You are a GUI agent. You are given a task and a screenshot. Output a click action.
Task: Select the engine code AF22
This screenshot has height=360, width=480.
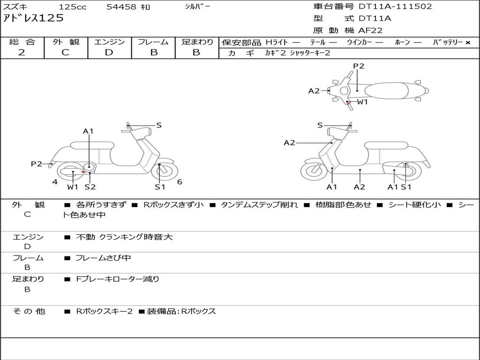pyautogui.click(x=370, y=30)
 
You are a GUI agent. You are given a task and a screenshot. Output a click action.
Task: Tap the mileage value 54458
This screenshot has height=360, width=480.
pyautogui.click(x=121, y=7)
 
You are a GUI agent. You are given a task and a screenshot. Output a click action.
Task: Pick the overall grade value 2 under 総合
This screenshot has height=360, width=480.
pyautogui.click(x=22, y=52)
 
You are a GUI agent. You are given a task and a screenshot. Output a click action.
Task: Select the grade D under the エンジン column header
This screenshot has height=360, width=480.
pyautogui.click(x=109, y=52)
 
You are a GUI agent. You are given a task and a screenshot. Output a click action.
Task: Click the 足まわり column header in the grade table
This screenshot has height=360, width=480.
pyautogui.click(x=197, y=42)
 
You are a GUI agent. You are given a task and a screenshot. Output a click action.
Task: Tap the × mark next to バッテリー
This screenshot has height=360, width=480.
pyautogui.click(x=468, y=43)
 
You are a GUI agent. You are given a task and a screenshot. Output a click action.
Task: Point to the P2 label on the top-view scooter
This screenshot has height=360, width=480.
pyautogui.click(x=359, y=66)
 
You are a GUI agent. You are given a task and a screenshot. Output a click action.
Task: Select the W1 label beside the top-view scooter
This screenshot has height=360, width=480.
pyautogui.click(x=362, y=102)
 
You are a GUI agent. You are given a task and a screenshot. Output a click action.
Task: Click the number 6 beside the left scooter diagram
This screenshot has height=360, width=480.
pyautogui.click(x=180, y=182)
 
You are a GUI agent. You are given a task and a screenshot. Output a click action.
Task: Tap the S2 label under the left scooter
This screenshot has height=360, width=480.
pyautogui.click(x=90, y=187)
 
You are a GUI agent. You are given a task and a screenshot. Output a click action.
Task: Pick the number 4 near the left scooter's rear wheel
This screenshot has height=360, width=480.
pyautogui.click(x=55, y=182)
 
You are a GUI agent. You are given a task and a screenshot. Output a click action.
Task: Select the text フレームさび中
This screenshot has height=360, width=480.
pyautogui.click(x=103, y=258)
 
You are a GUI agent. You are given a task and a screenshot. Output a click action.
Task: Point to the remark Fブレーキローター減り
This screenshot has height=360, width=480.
pyautogui.click(x=118, y=279)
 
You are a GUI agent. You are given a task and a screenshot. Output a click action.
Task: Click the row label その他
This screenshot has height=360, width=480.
pyautogui.click(x=29, y=311)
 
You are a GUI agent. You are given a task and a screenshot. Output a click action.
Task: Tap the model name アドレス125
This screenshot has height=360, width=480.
pyautogui.click(x=33, y=19)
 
